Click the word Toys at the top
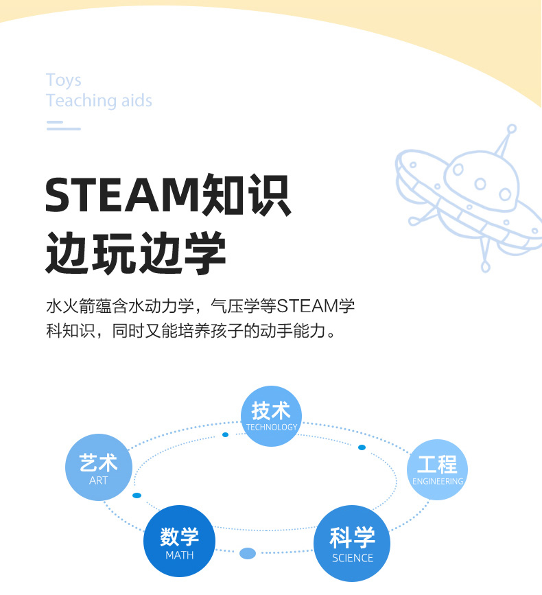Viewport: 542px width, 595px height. point(64,80)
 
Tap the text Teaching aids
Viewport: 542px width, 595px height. point(99,101)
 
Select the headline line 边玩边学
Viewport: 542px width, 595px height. point(136,253)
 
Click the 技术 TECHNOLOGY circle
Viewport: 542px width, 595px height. point(272,416)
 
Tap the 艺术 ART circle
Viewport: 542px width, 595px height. point(98,467)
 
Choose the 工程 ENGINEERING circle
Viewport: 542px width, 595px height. point(437,469)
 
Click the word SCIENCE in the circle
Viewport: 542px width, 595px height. point(352,558)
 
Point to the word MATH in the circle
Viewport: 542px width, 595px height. point(180,555)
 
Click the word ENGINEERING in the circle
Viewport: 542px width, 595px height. point(438,481)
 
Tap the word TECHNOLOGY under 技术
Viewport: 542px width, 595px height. point(272,427)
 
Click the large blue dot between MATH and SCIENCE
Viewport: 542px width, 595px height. point(248,553)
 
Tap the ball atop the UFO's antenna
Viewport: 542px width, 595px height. point(511,128)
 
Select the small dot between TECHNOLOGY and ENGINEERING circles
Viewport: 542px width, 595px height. point(362,447)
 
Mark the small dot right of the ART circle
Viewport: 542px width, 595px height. point(137,495)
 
